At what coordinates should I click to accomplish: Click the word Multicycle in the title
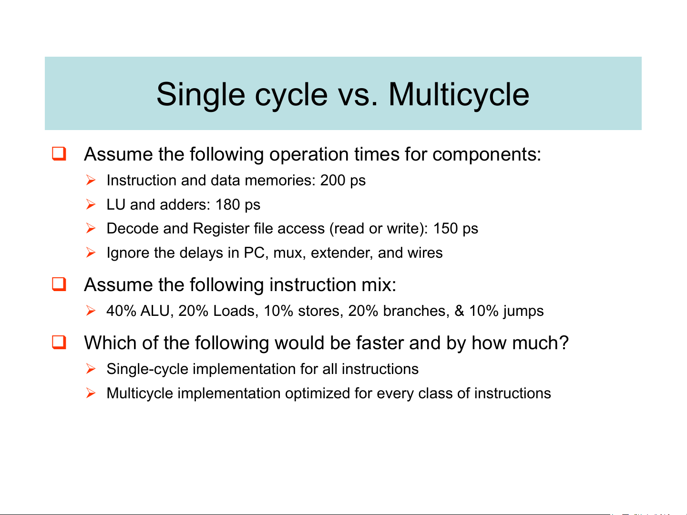[x=459, y=94]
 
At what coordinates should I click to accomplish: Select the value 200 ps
[x=343, y=181]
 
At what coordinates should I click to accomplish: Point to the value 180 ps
[x=238, y=205]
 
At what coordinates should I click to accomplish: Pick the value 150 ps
[x=456, y=229]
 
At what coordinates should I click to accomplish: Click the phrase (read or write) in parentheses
[x=379, y=229]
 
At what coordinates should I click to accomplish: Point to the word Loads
[x=236, y=311]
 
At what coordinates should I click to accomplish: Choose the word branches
[x=416, y=311]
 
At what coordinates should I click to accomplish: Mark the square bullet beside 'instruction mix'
[x=59, y=284]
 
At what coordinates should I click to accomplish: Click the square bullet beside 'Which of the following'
[x=59, y=342]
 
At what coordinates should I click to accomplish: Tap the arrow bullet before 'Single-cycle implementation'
[x=91, y=369]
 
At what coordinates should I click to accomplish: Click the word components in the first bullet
[x=487, y=155]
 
